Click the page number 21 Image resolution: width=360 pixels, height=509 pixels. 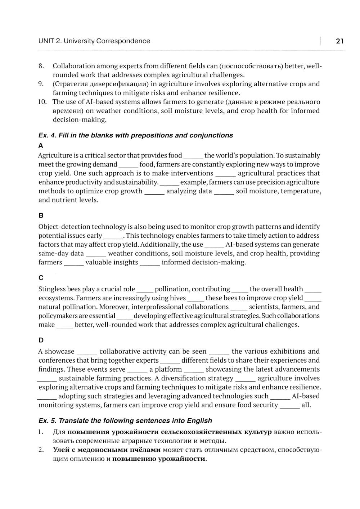339,41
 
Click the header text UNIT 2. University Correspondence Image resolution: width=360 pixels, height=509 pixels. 94,41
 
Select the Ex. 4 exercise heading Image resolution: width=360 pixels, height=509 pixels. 136,135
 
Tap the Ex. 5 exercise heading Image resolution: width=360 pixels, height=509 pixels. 125,421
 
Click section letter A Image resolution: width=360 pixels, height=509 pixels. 41,146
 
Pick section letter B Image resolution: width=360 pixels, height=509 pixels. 41,215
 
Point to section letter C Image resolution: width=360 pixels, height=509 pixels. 41,278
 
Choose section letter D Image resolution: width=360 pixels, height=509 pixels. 41,340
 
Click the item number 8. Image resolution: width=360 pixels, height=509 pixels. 41,66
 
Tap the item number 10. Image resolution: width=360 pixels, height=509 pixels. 42,102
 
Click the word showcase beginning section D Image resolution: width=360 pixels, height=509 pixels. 60,351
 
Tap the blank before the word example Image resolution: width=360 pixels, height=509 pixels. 169,183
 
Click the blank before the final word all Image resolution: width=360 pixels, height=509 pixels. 290,406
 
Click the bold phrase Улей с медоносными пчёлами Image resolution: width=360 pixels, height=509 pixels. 107,450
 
